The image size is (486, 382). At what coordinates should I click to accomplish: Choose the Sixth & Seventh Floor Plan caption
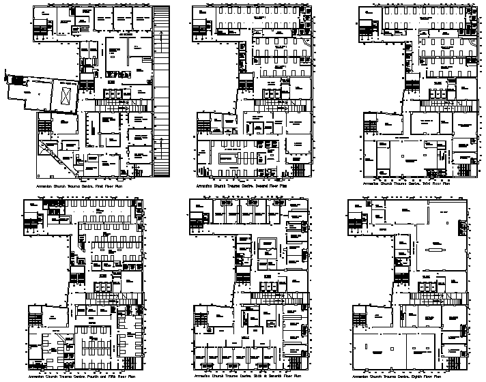tap(244, 376)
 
